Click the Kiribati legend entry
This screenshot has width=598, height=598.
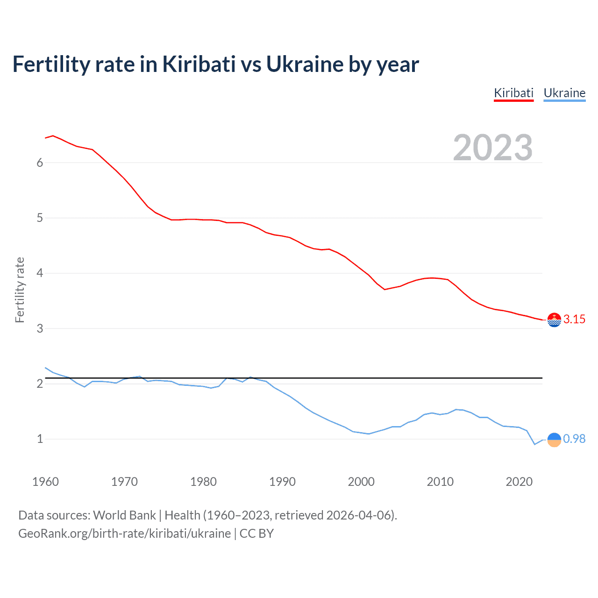513,93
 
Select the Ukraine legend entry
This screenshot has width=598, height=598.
564,93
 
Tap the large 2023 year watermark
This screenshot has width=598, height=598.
492,148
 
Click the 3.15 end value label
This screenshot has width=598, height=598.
574,319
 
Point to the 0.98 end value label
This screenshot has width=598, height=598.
574,439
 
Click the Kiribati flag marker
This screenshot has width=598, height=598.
554,320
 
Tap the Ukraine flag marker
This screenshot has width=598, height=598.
554,439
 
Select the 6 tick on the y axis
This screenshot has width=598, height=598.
40,163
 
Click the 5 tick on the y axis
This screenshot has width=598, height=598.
40,218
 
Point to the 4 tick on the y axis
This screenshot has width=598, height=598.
40,273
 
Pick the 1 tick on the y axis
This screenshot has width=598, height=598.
40,439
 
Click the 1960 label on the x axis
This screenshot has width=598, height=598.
45,482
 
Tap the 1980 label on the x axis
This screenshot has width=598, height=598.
203,482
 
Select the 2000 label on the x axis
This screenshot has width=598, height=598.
361,482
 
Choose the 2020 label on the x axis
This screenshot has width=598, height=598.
519,482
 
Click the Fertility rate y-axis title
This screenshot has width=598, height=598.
20,290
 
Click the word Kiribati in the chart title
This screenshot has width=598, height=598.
199,64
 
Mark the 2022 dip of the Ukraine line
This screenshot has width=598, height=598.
535,444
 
